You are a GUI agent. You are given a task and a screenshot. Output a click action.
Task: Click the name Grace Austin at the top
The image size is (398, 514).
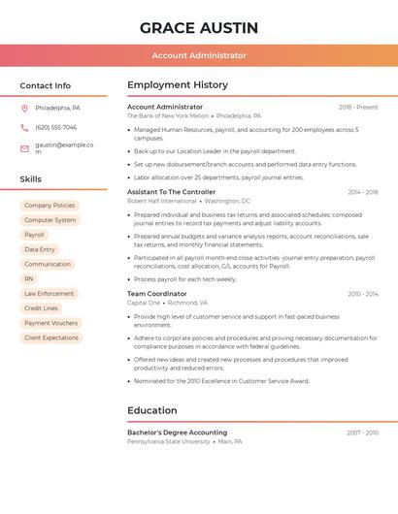pos(198,27)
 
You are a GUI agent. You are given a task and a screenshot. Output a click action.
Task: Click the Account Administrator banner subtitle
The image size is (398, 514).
pos(199,56)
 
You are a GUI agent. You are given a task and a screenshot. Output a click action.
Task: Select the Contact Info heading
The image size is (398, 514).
pos(45,85)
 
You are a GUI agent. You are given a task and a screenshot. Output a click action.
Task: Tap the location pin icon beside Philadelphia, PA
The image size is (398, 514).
pos(24,109)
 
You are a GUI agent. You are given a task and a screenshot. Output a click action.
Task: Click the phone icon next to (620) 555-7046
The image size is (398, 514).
pos(24,128)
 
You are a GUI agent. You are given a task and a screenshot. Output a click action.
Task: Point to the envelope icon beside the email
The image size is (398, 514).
pos(24,148)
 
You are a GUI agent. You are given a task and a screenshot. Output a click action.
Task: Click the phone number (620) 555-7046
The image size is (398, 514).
pos(55,128)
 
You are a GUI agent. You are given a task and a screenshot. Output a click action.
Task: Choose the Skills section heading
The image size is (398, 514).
pos(30,179)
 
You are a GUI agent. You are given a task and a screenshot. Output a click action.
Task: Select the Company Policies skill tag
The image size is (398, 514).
pos(50,206)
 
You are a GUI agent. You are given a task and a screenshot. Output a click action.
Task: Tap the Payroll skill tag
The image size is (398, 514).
pos(34,235)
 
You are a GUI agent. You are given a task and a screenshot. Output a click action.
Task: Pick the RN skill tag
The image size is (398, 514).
pos(29,279)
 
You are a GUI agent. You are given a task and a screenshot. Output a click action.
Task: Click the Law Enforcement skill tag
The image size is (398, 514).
pos(49,294)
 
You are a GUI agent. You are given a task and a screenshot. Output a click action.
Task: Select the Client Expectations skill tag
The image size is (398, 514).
pos(51,337)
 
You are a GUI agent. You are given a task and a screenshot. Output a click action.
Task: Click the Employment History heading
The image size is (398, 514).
pos(178,85)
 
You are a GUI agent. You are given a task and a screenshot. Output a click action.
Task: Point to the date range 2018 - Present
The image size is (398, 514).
pos(358,107)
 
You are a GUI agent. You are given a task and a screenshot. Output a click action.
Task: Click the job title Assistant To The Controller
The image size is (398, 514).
pos(171,192)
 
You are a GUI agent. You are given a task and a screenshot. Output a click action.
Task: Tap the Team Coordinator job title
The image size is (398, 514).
pos(157,294)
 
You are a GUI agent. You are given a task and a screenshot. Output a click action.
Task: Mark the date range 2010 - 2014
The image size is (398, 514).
pos(363,294)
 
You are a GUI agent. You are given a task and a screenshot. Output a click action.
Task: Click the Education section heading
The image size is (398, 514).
pos(152,410)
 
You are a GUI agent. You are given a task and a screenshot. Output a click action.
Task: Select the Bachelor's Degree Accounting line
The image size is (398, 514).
pos(177,433)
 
